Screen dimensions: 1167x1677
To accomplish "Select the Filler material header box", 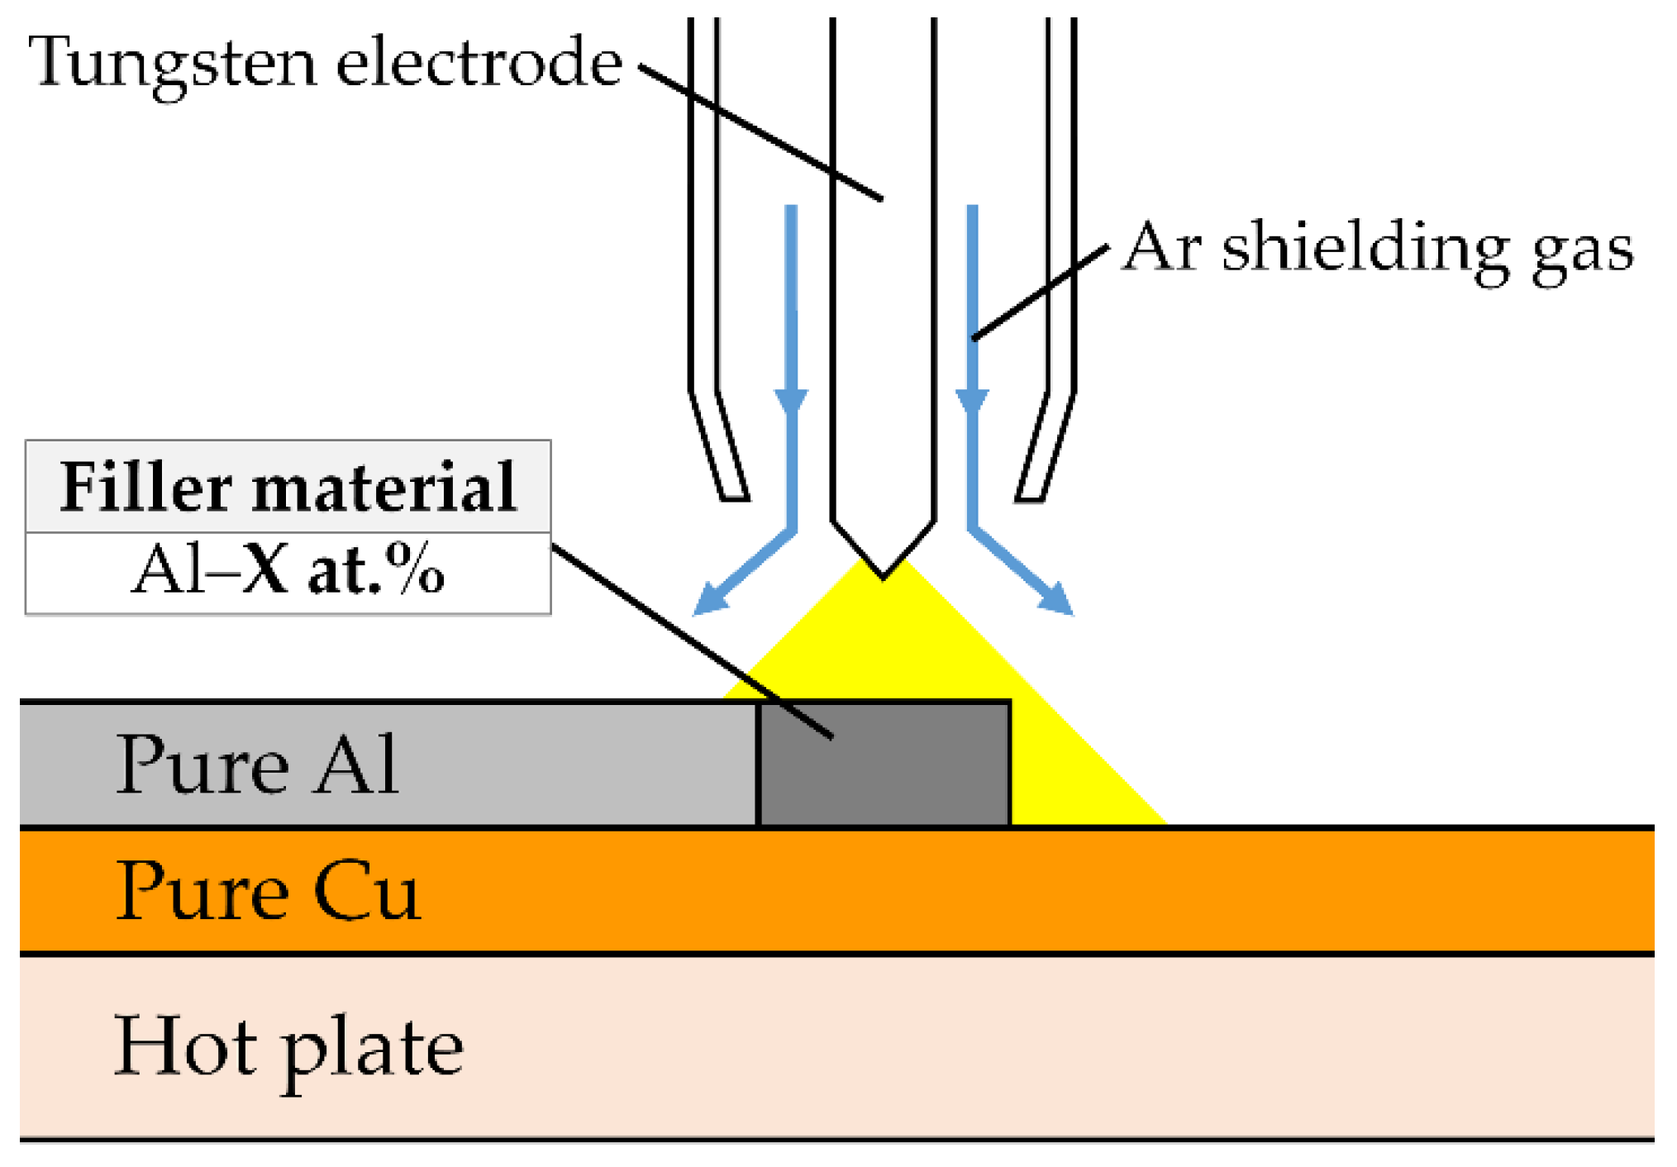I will tap(288, 487).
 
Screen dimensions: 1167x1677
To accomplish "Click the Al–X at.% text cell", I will tap(288, 572).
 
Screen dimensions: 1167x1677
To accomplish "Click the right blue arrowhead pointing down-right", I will tap(1057, 599).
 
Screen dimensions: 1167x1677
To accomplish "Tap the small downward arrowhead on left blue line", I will tap(791, 402).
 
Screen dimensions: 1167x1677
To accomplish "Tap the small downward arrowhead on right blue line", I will tap(972, 402).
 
